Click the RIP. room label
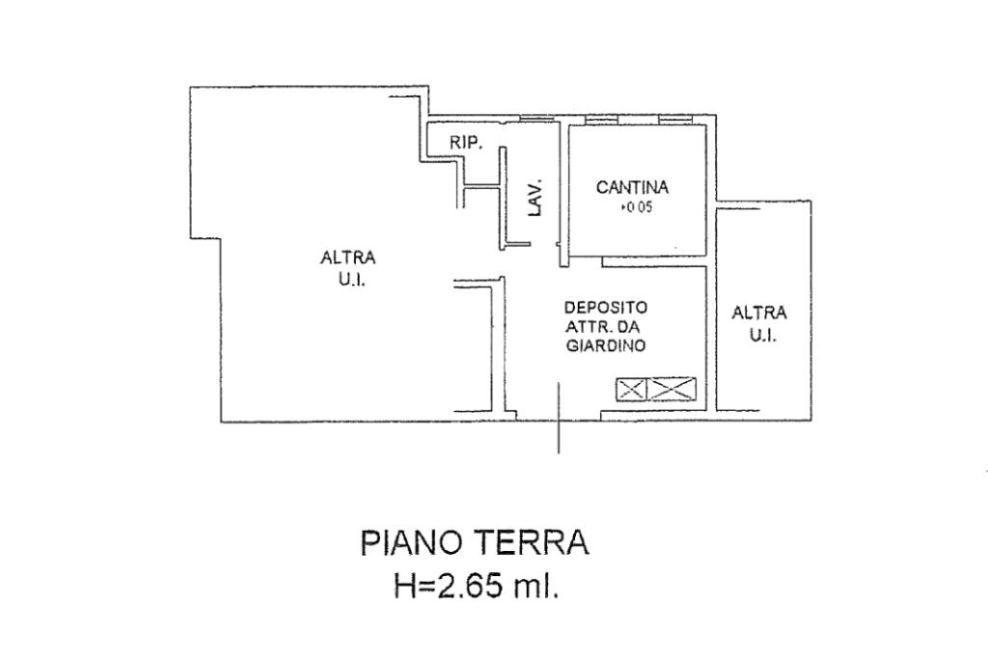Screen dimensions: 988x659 tap(466, 142)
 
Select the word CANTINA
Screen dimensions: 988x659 tap(632, 188)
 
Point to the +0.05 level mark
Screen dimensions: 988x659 tap(637, 207)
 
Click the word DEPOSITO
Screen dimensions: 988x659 tap(606, 307)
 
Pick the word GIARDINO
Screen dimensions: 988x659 tap(606, 346)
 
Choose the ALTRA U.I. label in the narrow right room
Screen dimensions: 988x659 tap(759, 323)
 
